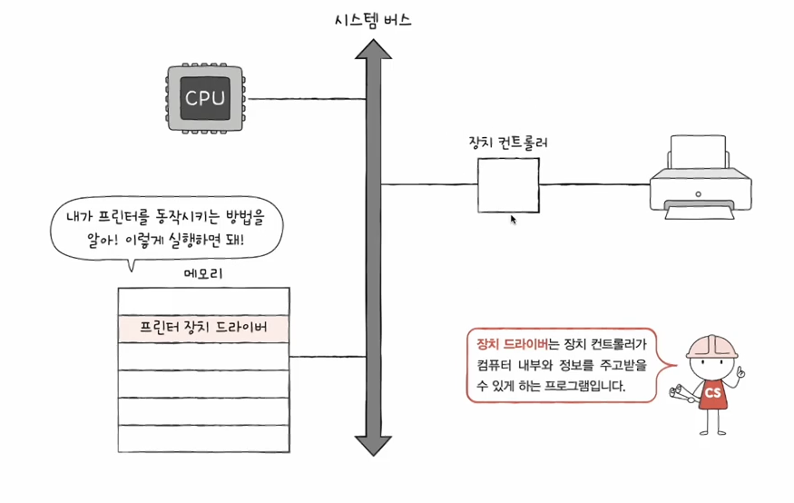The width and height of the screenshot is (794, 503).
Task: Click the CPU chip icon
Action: tap(205, 98)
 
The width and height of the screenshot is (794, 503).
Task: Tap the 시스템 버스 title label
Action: tap(372, 20)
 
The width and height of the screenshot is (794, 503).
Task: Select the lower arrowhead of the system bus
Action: tap(372, 444)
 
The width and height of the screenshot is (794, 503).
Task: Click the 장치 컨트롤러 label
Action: tap(507, 143)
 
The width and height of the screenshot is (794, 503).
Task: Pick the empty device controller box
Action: tap(508, 185)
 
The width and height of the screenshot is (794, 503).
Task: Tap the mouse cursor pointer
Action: tap(514, 219)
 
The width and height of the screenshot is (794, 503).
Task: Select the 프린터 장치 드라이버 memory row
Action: tap(203, 328)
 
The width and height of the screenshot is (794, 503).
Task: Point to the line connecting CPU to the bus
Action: tap(304, 98)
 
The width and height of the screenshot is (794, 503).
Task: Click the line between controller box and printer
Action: tap(594, 185)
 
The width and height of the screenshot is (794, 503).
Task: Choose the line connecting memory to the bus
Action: tap(327, 356)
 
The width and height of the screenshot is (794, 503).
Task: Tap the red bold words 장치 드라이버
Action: tap(512, 344)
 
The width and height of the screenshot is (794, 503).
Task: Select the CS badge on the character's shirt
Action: tap(712, 392)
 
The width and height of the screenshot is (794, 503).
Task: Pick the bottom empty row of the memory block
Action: tap(203, 439)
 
